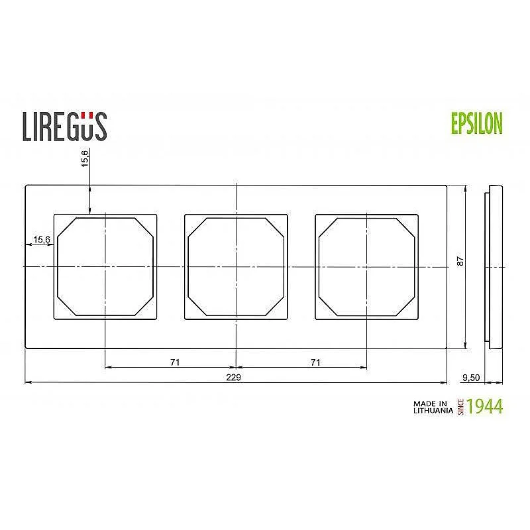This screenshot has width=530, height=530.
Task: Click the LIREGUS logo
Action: [x=65, y=127]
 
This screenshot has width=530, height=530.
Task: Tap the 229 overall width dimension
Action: [x=232, y=377]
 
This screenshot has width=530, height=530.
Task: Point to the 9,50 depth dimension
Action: [x=470, y=377]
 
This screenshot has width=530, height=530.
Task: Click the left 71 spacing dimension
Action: [x=175, y=362]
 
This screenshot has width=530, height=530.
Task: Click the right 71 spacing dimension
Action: [x=315, y=362]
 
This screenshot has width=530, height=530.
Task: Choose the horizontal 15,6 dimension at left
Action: [x=41, y=239]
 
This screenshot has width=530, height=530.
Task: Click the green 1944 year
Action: [x=485, y=406]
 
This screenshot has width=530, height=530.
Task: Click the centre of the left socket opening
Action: [x=106, y=266]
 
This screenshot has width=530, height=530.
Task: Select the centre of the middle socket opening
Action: [x=236, y=266]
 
